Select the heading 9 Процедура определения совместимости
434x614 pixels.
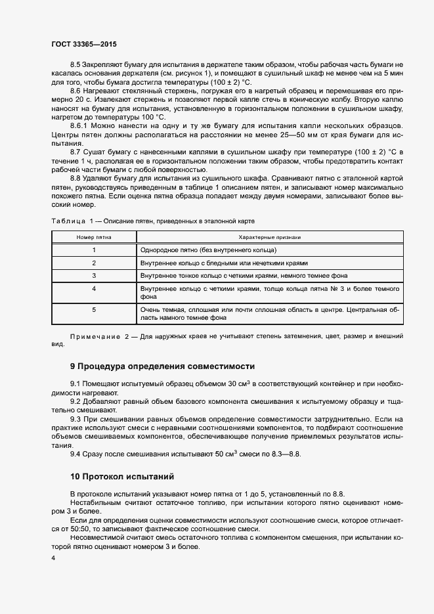162,366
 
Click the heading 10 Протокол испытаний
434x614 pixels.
123,475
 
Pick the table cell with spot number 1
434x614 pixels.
94,250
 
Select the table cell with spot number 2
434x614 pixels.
94,263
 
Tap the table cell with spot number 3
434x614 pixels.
94,275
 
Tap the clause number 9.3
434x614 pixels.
75,418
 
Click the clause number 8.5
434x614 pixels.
75,64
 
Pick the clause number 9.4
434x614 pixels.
75,453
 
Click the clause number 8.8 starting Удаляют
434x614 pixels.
75,178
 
